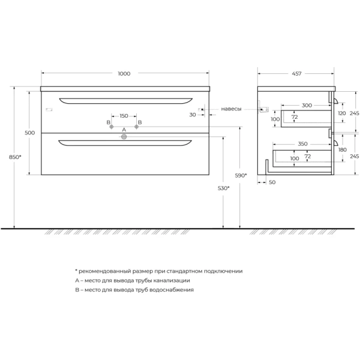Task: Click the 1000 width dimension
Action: (124, 74)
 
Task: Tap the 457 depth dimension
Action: (296, 74)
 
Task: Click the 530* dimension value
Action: (223, 188)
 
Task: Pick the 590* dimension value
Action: (241, 175)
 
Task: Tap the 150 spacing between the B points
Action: (124, 116)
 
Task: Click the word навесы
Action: (231, 109)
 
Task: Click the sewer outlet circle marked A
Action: (124, 137)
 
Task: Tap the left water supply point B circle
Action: (111, 127)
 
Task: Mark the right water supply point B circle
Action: (137, 127)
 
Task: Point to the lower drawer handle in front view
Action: (125, 143)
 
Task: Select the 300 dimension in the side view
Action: (307, 105)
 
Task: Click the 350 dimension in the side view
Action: (302, 144)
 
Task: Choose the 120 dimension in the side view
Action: (341, 113)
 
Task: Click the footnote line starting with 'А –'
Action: (133, 280)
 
